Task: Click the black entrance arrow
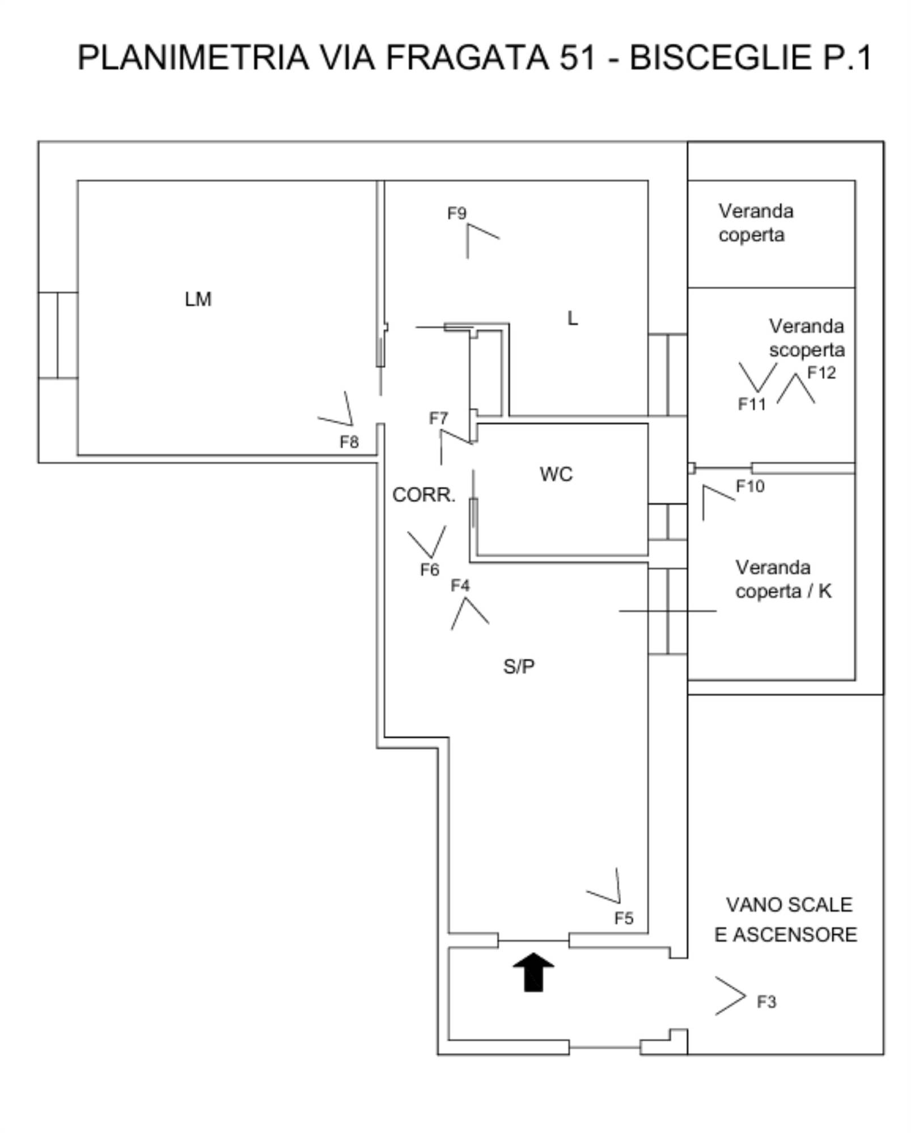coord(533,972)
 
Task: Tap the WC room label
coord(556,474)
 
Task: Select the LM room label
coord(198,299)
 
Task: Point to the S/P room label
coord(518,666)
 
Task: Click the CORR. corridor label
coord(423,495)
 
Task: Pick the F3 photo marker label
coord(766,1002)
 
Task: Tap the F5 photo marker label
coord(624,918)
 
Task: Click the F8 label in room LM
coord(349,442)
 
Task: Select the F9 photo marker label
coord(456,213)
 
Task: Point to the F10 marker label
coord(750,486)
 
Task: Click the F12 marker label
coord(821,372)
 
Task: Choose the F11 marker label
coord(752,404)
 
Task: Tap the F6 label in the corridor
coord(429,569)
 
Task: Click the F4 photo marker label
coord(460,585)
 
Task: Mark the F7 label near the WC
coord(438,418)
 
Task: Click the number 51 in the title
coord(578,57)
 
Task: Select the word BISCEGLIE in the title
coord(721,57)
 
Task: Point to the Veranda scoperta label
coord(806,338)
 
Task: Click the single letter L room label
coord(573,318)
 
